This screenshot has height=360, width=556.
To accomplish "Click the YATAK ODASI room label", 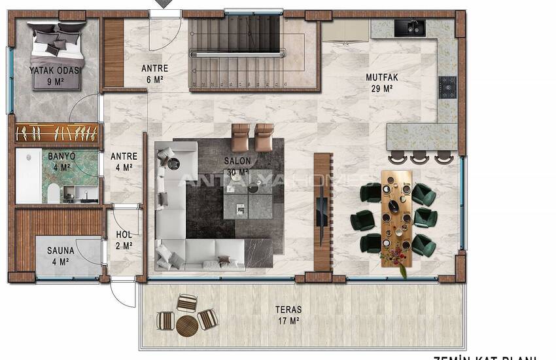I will (54, 71).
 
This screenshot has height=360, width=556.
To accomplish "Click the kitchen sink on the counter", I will (410, 27).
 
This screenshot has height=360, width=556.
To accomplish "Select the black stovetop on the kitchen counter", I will (447, 86).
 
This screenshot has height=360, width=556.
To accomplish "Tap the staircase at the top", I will (237, 52).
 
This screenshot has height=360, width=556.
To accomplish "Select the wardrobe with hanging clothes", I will (58, 134).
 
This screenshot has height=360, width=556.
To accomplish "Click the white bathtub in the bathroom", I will (29, 175).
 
